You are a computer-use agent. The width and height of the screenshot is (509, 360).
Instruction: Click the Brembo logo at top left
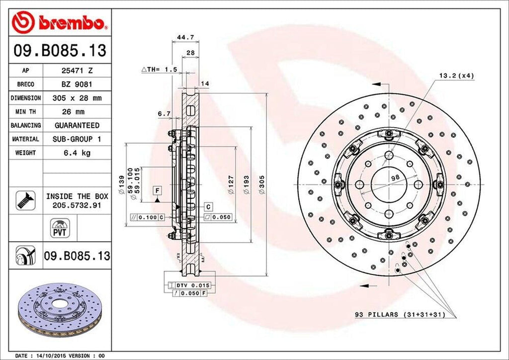click(x=60, y=22)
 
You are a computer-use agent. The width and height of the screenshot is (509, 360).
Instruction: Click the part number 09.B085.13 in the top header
click(x=60, y=50)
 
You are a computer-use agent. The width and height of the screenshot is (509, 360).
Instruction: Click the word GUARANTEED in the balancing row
click(x=77, y=125)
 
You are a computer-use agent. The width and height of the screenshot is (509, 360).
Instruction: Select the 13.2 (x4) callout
click(x=456, y=76)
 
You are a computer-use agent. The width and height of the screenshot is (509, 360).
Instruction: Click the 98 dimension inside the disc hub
click(x=395, y=178)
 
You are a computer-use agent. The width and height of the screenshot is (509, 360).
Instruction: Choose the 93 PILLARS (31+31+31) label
click(x=399, y=314)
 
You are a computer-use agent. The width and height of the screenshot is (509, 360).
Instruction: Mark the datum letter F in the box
click(x=157, y=190)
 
